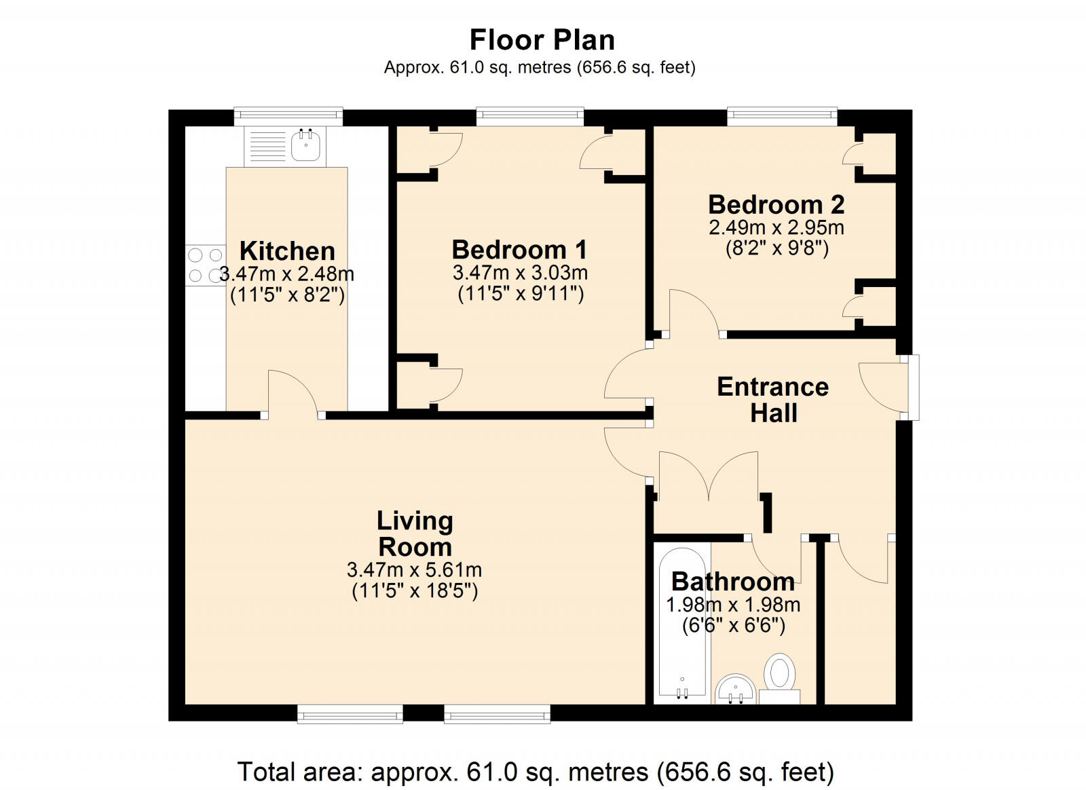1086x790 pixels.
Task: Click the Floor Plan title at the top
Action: [x=542, y=40]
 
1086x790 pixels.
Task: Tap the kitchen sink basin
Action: [x=306, y=145]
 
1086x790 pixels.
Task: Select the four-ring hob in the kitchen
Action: [x=206, y=265]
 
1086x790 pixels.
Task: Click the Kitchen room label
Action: [x=287, y=251]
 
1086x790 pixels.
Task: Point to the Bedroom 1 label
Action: [x=519, y=250]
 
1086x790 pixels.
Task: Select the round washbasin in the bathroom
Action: [x=736, y=690]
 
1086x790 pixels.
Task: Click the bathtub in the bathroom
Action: [x=681, y=624]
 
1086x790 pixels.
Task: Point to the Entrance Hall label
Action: [x=773, y=400]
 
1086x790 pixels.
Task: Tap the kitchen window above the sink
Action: [x=288, y=116]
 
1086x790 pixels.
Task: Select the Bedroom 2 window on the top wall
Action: [x=782, y=116]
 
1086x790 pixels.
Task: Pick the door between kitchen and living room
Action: [x=293, y=395]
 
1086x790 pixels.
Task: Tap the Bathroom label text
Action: [x=733, y=582]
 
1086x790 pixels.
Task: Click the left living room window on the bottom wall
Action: [x=350, y=713]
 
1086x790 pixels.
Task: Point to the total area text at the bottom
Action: [x=536, y=772]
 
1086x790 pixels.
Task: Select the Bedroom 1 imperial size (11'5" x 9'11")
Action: [x=521, y=294]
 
